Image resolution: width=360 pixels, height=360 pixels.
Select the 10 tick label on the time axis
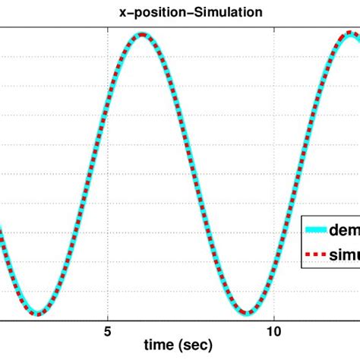[x=275, y=331]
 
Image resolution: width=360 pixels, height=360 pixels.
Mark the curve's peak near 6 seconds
[x=142, y=34]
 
